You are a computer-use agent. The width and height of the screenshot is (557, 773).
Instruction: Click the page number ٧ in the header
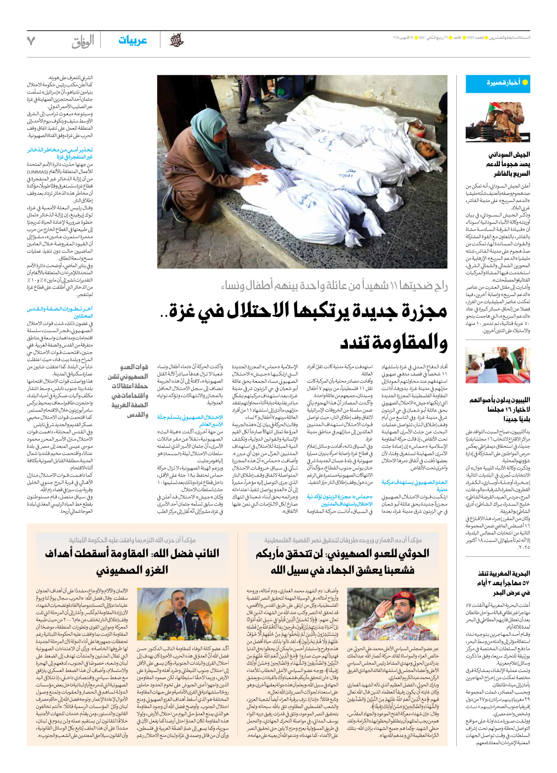31,41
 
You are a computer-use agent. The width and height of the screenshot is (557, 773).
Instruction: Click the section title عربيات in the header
132,41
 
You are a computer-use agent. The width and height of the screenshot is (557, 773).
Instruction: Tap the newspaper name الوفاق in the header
83,41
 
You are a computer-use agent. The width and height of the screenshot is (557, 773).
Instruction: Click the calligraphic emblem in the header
177,41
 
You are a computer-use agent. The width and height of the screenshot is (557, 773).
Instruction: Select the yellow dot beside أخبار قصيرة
525,82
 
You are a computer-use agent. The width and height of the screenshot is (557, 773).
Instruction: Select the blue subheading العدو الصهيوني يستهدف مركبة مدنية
414,485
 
